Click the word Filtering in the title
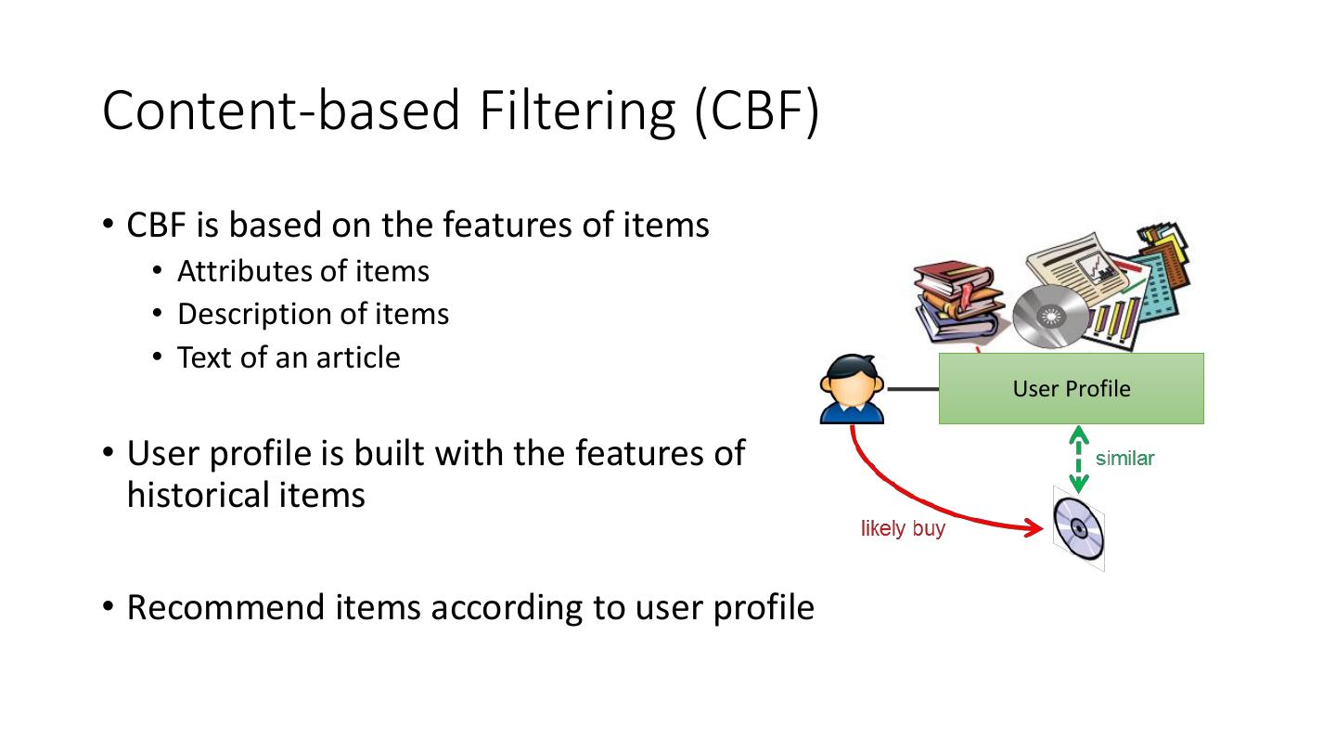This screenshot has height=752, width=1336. click(x=578, y=110)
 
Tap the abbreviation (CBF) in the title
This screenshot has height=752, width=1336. click(x=757, y=110)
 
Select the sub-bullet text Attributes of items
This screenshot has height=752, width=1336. click(x=302, y=271)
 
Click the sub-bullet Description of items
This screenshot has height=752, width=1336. click(x=313, y=314)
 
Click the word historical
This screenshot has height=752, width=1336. click(x=198, y=495)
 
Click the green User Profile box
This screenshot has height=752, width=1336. click(x=1071, y=388)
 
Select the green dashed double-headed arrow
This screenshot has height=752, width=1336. click(x=1078, y=460)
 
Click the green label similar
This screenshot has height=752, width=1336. click(x=1124, y=459)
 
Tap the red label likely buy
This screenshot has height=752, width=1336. click(x=903, y=529)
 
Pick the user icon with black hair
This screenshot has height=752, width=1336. click(x=852, y=389)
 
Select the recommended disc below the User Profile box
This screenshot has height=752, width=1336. click(x=1079, y=529)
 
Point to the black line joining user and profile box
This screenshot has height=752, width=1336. click(x=912, y=389)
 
